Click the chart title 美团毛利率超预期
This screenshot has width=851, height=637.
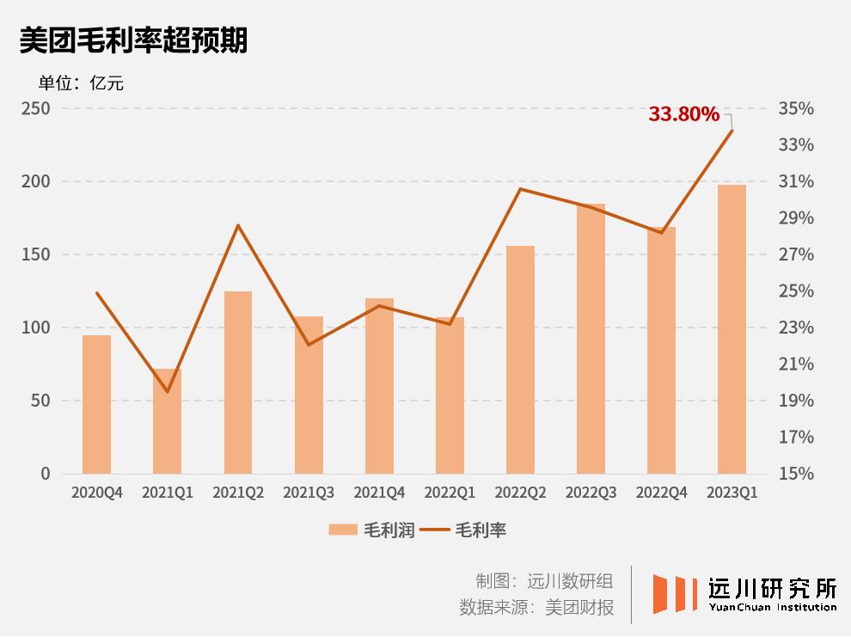133,40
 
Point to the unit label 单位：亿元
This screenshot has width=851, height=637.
81,83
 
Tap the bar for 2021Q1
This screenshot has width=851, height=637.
168,421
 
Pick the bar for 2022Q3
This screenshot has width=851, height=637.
591,339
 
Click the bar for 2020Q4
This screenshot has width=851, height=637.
97,404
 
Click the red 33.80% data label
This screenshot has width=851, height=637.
683,113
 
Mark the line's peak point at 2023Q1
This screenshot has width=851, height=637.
732,131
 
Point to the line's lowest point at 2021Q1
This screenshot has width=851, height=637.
168,392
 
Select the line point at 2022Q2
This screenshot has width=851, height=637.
520,188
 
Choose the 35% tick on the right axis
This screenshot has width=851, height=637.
796,109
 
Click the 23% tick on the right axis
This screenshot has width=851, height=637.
796,328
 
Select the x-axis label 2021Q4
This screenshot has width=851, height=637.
379,493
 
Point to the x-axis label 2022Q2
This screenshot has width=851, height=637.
520,493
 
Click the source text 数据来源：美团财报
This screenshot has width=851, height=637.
536,608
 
